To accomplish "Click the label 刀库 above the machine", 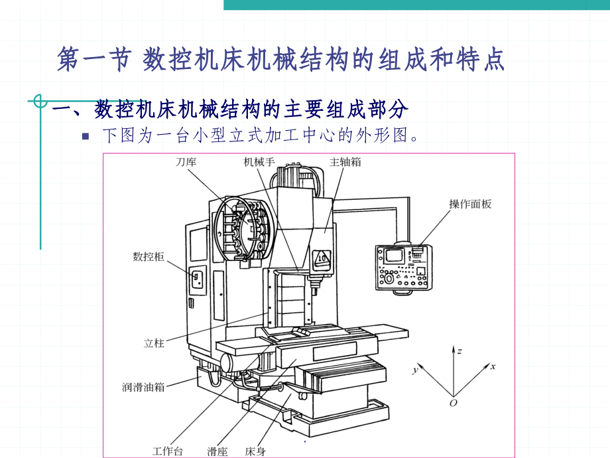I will (186, 162).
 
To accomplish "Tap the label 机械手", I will (259, 162).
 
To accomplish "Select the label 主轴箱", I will (345, 162).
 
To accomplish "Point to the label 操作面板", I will (470, 204).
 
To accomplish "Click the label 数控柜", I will (148, 257).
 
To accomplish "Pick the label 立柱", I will (154, 343).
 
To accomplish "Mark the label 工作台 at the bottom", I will (167, 451).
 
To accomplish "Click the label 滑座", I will (217, 451).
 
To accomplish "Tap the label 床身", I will (255, 451).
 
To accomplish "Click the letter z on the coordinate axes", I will (459, 350).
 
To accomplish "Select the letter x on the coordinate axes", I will (493, 366).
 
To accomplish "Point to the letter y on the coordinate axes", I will (414, 369).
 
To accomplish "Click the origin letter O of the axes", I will (454, 403).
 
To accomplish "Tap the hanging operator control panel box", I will (402, 267).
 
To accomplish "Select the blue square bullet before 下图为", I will (85, 137).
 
